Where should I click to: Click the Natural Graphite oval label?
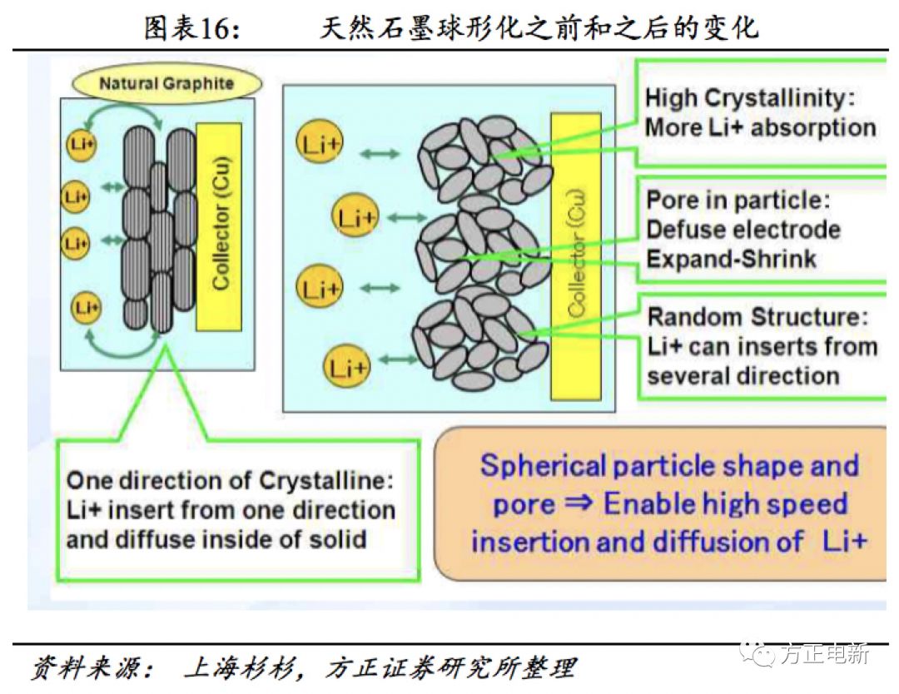tap(166, 83)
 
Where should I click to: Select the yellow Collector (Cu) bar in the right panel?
tap(577, 254)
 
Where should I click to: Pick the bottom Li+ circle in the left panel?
tap(86, 309)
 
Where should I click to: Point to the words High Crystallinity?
tap(750, 98)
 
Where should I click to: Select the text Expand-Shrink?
tap(731, 259)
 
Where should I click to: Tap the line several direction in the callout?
tap(743, 375)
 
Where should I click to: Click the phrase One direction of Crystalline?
tap(230, 480)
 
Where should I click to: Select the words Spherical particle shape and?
tap(668, 465)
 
